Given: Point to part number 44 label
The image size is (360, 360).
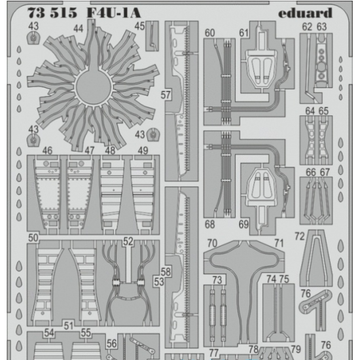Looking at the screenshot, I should pyautogui.click(x=79, y=29).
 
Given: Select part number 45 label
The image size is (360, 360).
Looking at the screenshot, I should pyautogui.click(x=139, y=26).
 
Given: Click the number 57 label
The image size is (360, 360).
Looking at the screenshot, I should pyautogui.click(x=165, y=95).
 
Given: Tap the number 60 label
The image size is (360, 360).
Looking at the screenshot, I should pyautogui.click(x=209, y=33).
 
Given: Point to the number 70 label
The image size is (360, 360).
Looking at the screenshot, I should pyautogui.click(x=211, y=243).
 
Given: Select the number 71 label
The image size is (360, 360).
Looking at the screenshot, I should pyautogui.click(x=279, y=243).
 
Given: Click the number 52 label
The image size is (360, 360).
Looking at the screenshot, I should pyautogui.click(x=128, y=241).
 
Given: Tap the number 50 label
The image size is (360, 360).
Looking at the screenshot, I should pyautogui.click(x=33, y=236).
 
